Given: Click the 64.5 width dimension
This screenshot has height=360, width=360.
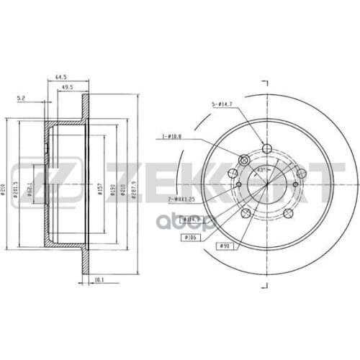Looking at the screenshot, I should click(x=61, y=74).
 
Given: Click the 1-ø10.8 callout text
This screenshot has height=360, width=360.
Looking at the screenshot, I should click(x=174, y=135).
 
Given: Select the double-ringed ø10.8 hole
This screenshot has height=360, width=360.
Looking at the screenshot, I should click(x=243, y=160).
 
